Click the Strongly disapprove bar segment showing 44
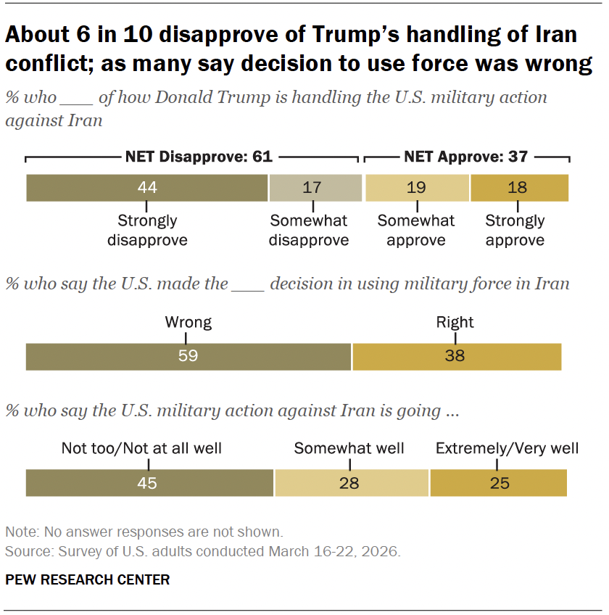coord(147,188)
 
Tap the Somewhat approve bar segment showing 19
coord(417,188)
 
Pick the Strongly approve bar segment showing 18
coord(519,188)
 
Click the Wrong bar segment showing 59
coord(188,356)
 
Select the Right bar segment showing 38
coord(457,356)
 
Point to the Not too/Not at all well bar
coord(149,483)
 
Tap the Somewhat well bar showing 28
coord(352,483)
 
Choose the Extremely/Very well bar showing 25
coord(499,483)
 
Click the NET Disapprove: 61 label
coord(193,156)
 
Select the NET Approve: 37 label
coord(465,156)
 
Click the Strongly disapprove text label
coord(147,230)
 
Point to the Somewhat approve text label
coord(416,230)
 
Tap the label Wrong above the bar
coord(188,322)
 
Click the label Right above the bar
coord(455,322)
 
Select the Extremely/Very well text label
coord(507,448)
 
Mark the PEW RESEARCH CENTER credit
coord(88,579)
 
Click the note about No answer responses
coord(144,532)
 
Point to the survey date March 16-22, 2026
coord(333,551)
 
